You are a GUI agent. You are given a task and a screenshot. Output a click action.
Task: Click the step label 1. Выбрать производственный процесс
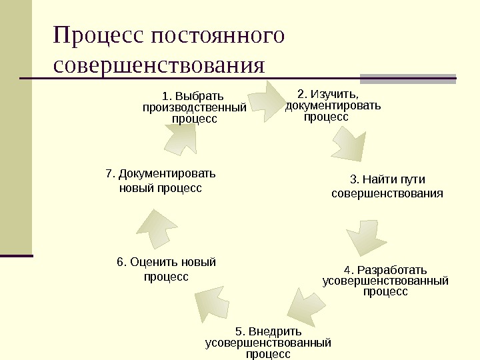tap(194, 107)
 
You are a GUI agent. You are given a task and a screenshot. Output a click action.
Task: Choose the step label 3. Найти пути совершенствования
tap(387, 186)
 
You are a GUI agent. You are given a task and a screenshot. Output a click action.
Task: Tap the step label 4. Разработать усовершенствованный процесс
tap(385, 281)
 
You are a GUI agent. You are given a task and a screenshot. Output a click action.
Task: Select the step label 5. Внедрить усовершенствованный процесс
tap(268, 342)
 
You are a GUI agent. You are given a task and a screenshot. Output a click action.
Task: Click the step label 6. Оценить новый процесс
tap(167, 269)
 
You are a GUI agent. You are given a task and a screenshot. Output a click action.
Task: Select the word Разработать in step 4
tap(392, 270)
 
